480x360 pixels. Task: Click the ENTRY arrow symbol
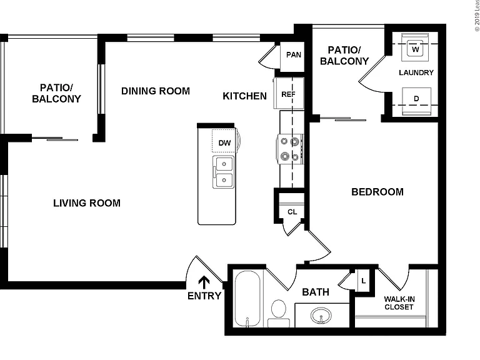pyautogui.click(x=204, y=282)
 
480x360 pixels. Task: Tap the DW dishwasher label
pyautogui.click(x=224, y=143)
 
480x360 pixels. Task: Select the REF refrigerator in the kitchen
pyautogui.click(x=289, y=93)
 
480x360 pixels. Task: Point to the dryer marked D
pyautogui.click(x=416, y=101)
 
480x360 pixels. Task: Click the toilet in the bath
pyautogui.click(x=279, y=313)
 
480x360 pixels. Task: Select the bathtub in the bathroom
pyautogui.click(x=247, y=299)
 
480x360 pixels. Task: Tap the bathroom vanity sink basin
pyautogui.click(x=321, y=315)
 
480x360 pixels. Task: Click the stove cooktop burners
pyautogui.click(x=290, y=149)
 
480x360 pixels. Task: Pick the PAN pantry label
pyautogui.click(x=294, y=55)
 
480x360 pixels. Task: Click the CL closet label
pyautogui.click(x=292, y=212)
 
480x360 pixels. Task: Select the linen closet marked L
pyautogui.click(x=364, y=281)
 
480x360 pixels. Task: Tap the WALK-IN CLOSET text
pyautogui.click(x=399, y=303)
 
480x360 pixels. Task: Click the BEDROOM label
pyautogui.click(x=377, y=192)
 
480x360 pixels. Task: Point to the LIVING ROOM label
pyautogui.click(x=87, y=203)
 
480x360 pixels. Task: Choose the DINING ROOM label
pyautogui.click(x=156, y=91)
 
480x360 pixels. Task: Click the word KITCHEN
pyautogui.click(x=244, y=96)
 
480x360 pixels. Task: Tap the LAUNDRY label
pyautogui.click(x=416, y=72)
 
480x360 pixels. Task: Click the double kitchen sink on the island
pyautogui.click(x=223, y=172)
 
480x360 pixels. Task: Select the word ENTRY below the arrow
pyautogui.click(x=204, y=296)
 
